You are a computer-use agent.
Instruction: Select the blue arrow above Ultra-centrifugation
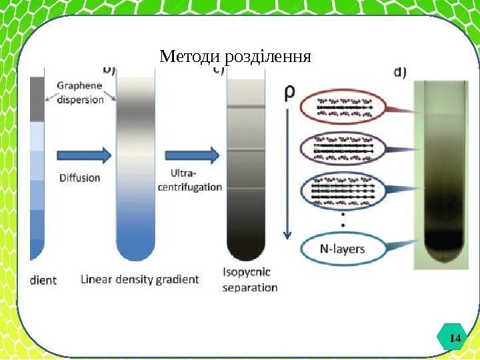(x=202, y=155)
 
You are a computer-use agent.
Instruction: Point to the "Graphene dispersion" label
(x=80, y=93)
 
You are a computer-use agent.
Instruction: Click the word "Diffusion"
(x=79, y=178)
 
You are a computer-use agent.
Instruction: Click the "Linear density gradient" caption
(x=139, y=279)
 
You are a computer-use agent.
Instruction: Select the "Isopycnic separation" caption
(x=249, y=281)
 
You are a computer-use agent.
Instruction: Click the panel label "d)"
(x=403, y=71)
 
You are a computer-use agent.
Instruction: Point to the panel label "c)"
(x=219, y=69)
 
